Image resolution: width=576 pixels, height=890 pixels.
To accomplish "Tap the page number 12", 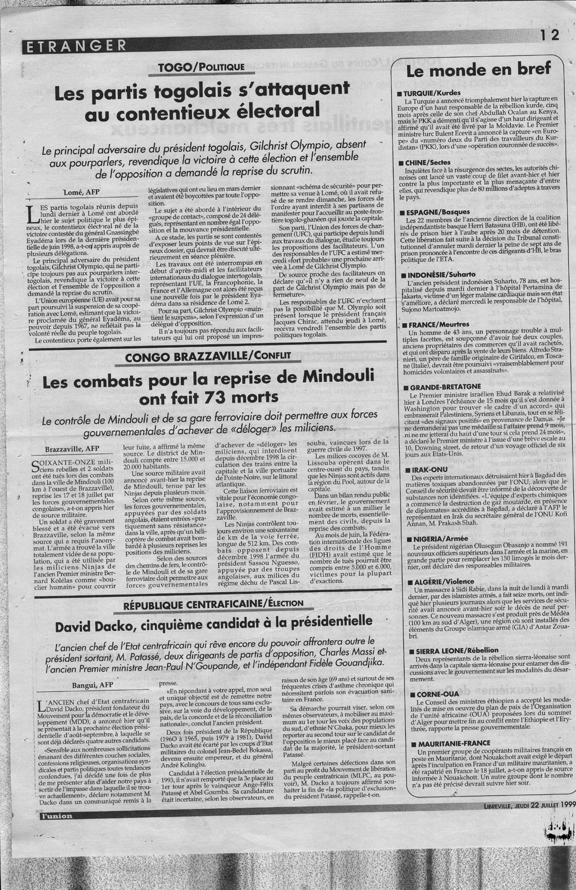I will pyautogui.click(x=548, y=35).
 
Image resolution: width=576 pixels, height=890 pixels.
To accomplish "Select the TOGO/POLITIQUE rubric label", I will pyautogui.click(x=201, y=67).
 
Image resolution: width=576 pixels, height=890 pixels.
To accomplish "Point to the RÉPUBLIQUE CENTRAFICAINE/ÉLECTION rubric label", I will pyautogui.click(x=214, y=603).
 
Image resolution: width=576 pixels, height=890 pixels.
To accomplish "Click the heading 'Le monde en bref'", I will pyautogui.click(x=479, y=70).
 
